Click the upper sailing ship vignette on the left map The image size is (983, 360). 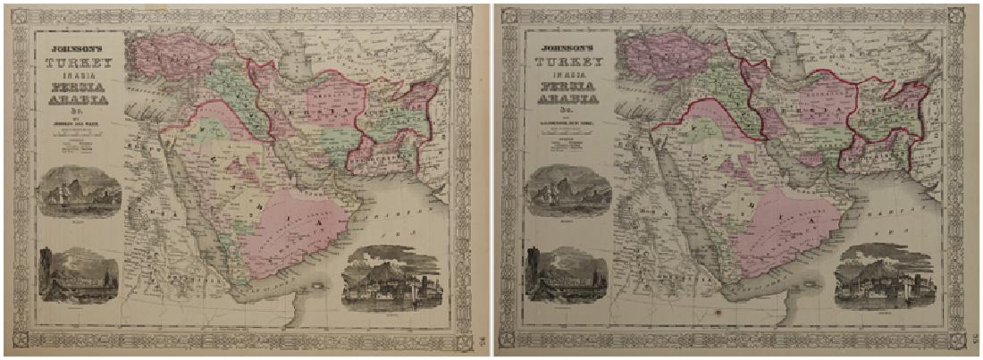[80, 190]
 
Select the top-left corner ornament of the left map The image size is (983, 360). [20, 18]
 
